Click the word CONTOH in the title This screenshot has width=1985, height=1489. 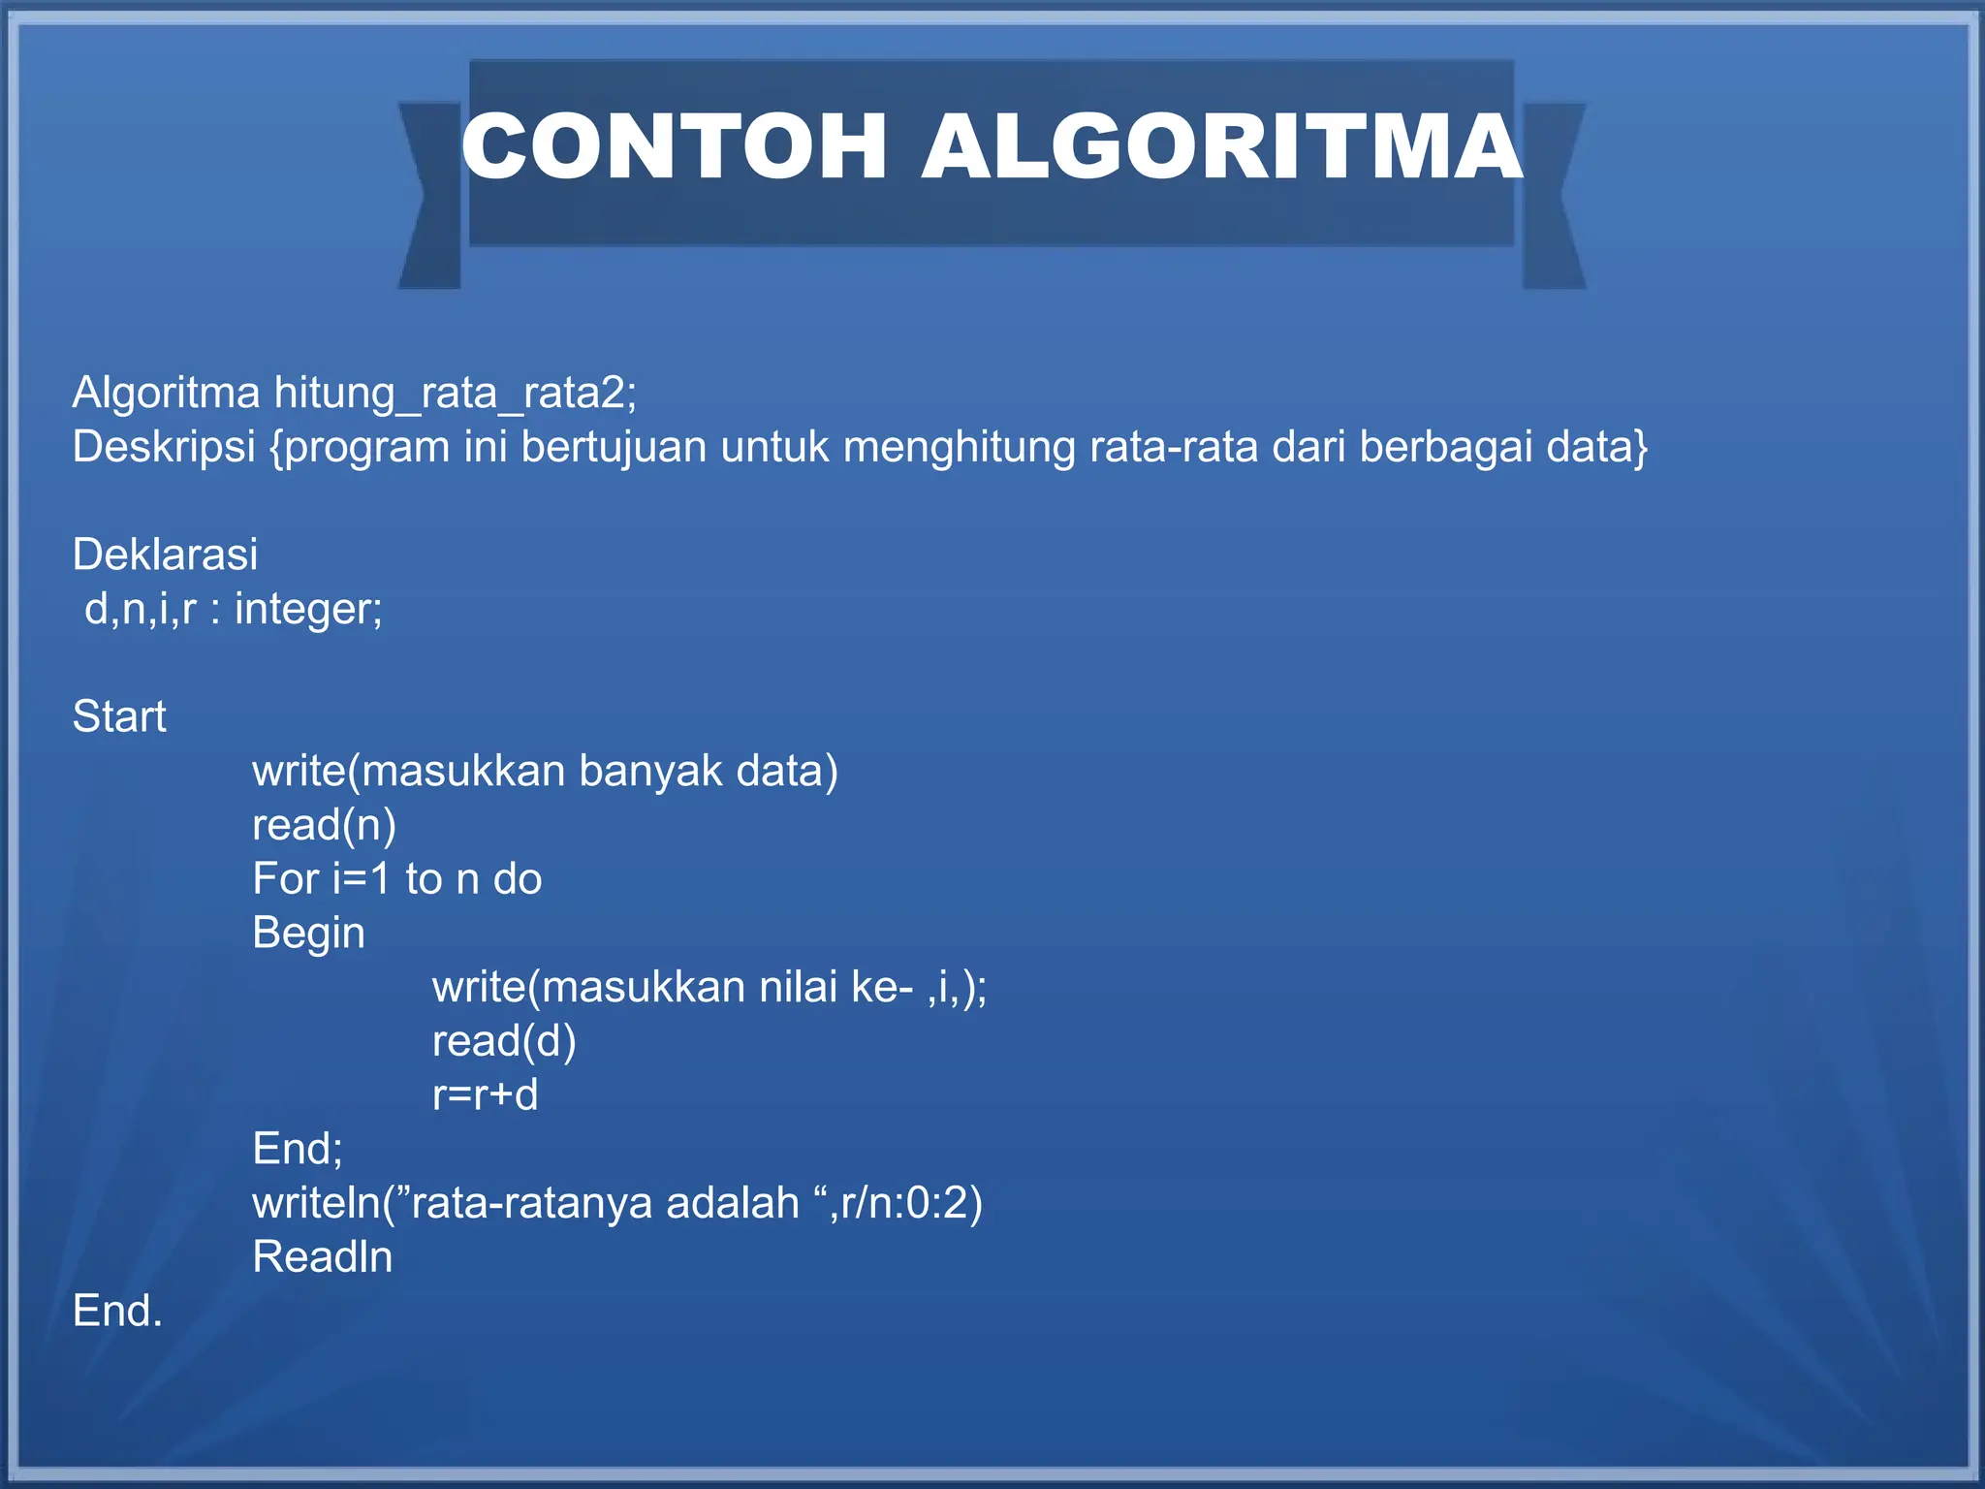pyautogui.click(x=675, y=146)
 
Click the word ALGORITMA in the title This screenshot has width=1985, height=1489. pyautogui.click(x=1221, y=146)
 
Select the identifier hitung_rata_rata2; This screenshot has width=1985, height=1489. pyautogui.click(x=456, y=394)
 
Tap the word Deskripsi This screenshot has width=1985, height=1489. pyautogui.click(x=164, y=448)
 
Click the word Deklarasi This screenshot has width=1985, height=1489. pyautogui.click(x=165, y=554)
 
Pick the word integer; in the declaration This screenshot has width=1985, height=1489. pyautogui.click(x=308, y=610)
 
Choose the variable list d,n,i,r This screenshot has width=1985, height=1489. pyautogui.click(x=141, y=610)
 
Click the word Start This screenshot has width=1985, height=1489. pyautogui.click(x=119, y=716)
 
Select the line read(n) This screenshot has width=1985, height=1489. pyautogui.click(x=324, y=825)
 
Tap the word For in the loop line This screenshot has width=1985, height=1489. pyautogui.click(x=285, y=878)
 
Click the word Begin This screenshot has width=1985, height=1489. pyautogui.click(x=308, y=934)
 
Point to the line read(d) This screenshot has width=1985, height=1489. pyautogui.click(x=504, y=1041)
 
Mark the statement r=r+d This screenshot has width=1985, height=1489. pyautogui.click(x=485, y=1095)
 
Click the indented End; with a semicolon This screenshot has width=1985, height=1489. pyautogui.click(x=297, y=1149)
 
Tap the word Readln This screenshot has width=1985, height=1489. pyautogui.click(x=322, y=1257)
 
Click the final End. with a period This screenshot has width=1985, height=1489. pyautogui.click(x=117, y=1311)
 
